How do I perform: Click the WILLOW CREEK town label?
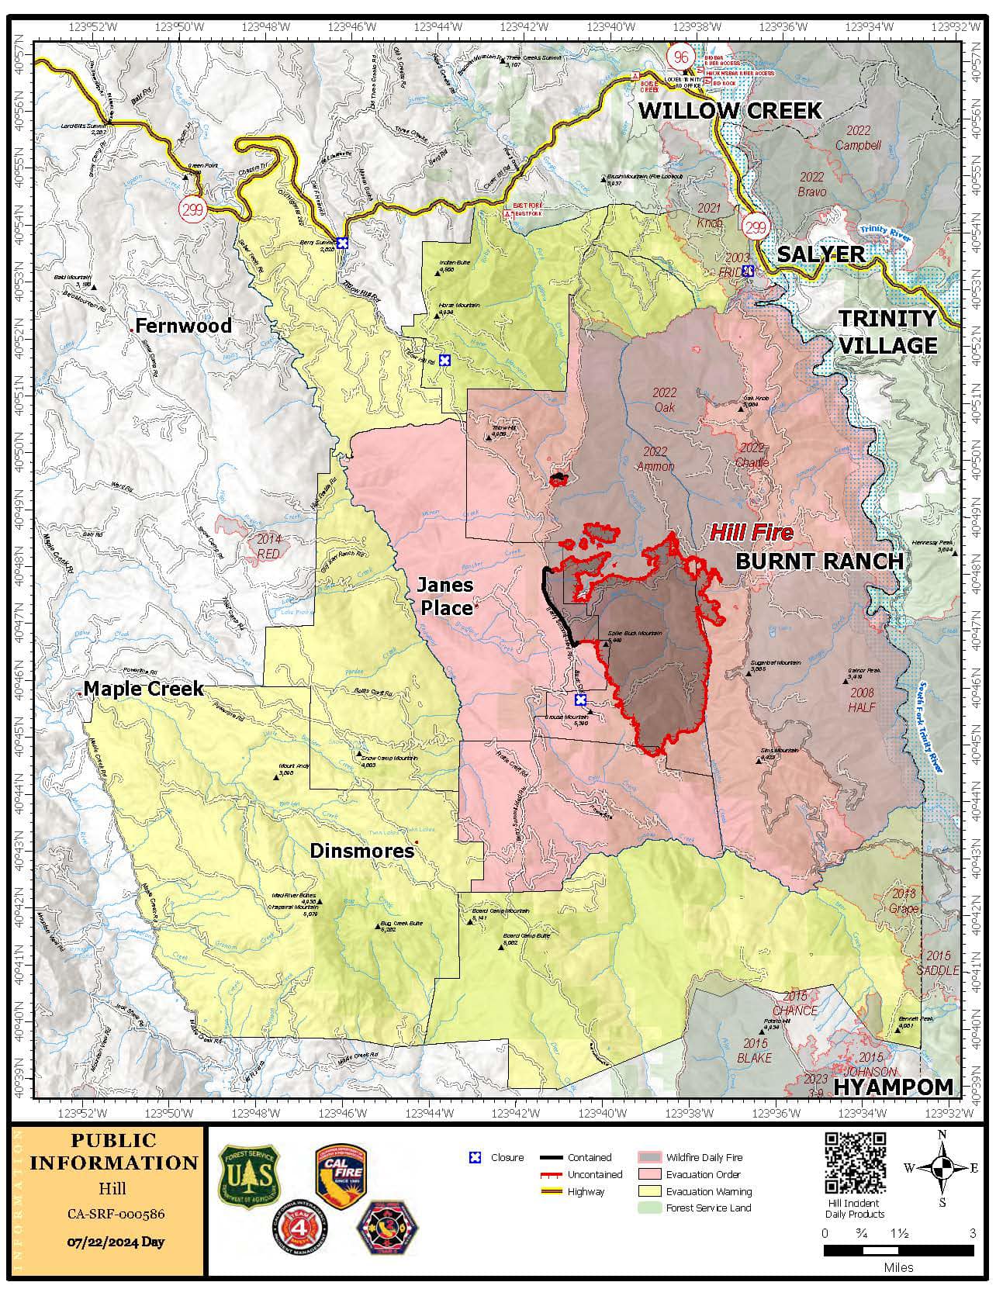tap(730, 111)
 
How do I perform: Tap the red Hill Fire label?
tap(752, 532)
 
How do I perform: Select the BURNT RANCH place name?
tap(819, 562)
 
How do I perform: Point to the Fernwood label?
tap(183, 326)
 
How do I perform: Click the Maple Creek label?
tap(144, 688)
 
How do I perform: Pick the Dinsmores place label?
tap(361, 851)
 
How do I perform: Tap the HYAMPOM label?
tap(893, 1087)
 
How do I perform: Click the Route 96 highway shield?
tap(681, 57)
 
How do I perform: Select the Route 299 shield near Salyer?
tap(755, 227)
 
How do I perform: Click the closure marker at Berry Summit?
tap(342, 243)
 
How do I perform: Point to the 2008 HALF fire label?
tap(862, 700)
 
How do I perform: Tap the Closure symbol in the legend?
tap(476, 1158)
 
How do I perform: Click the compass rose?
tap(942, 1168)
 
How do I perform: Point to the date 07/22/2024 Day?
tap(116, 1242)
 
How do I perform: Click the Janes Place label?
tap(446, 596)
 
